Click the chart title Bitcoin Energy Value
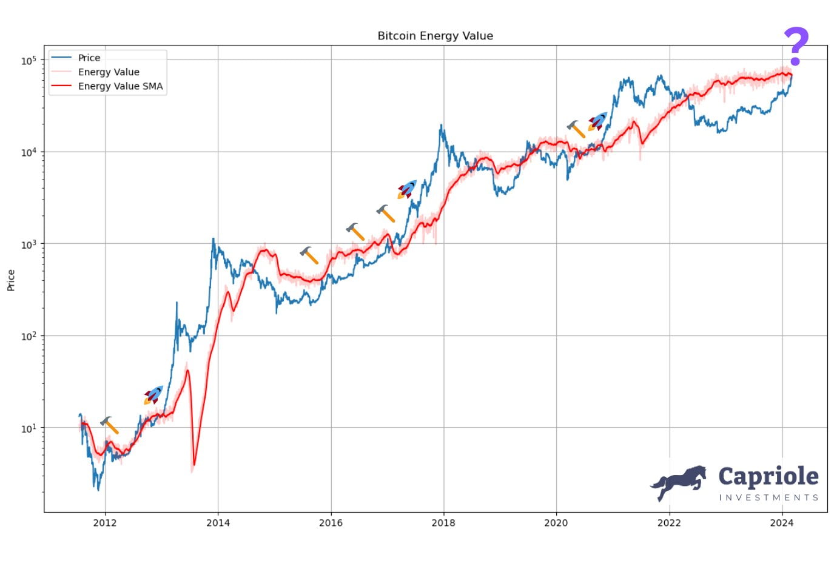tap(435, 36)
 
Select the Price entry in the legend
tap(89, 58)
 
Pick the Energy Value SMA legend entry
tap(120, 86)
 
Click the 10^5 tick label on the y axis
tap(29, 60)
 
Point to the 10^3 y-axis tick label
tap(29, 244)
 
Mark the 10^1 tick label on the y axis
tap(29, 428)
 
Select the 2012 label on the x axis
tap(105, 523)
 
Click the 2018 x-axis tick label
tap(443, 523)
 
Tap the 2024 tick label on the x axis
tap(782, 523)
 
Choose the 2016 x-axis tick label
tap(331, 523)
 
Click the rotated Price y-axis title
tap(11, 280)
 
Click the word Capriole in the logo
tap(768, 477)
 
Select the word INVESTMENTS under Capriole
tap(768, 497)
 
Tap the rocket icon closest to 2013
tap(153, 395)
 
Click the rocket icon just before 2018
tap(407, 189)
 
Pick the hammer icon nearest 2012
tap(110, 425)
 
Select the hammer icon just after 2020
tap(576, 129)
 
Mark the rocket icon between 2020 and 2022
tap(597, 121)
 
